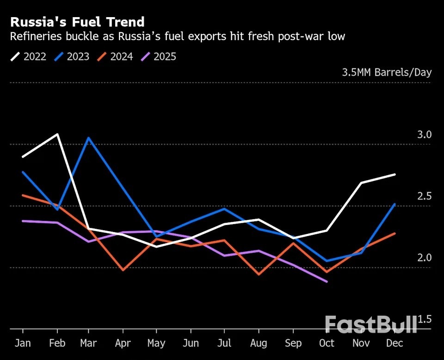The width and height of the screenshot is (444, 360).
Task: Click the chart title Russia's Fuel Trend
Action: coord(77,22)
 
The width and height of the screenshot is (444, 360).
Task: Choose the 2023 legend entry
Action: coord(72,57)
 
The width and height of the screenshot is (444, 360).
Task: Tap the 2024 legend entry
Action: coord(116,57)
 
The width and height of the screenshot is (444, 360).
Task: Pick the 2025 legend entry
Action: coord(159,57)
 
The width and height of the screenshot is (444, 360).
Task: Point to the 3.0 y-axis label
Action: coord(424,134)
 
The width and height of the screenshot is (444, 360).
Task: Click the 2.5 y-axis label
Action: coord(424,196)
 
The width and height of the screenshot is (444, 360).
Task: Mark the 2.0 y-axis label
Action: coord(424,258)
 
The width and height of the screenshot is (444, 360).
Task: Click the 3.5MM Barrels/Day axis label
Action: coord(387,73)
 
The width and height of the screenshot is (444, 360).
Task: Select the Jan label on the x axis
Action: coord(23,343)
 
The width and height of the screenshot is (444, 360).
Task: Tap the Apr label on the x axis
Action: coord(123,343)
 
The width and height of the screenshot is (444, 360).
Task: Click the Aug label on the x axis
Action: coord(258,343)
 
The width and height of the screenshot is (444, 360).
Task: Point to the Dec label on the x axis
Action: coord(395,343)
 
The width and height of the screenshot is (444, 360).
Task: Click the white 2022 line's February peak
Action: coord(57,134)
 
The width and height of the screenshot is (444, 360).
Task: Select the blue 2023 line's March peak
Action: coord(88,138)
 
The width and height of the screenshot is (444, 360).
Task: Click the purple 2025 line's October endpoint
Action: coord(327,281)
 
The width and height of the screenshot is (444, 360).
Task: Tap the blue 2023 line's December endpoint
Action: coord(395,204)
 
